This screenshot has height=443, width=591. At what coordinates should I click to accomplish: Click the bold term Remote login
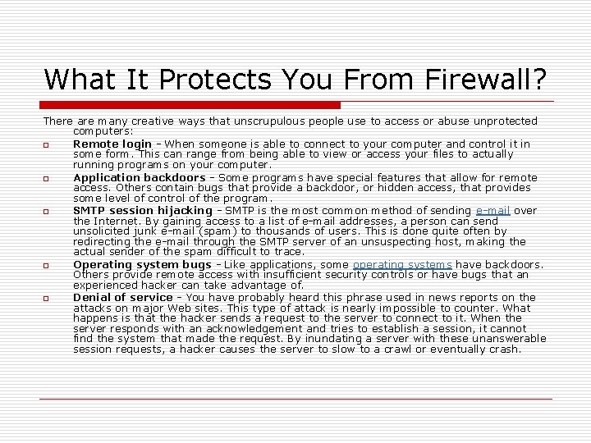112,144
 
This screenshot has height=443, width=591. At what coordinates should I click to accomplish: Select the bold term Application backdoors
139,177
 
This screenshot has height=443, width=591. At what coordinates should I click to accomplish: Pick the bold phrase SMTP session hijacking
142,211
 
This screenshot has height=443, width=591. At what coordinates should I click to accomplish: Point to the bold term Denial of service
122,297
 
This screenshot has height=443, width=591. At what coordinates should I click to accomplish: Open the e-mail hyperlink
493,211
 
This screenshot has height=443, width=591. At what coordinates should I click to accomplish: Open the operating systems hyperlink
402,264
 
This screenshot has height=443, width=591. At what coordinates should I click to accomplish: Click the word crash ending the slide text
504,349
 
